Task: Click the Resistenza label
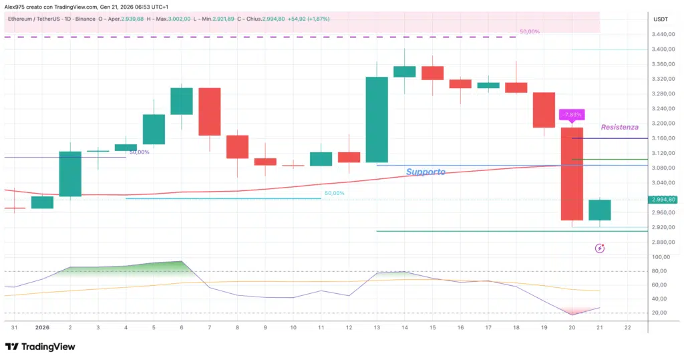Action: (x=619, y=127)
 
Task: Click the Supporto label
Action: (x=425, y=172)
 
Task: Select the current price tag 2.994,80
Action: (x=663, y=199)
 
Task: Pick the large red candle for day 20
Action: (x=572, y=174)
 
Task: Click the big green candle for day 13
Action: (x=377, y=120)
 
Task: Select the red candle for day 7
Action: (x=210, y=112)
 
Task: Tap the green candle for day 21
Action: (x=599, y=210)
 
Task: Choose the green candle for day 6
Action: (x=182, y=102)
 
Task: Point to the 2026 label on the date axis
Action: (x=42, y=327)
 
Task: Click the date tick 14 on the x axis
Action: (x=405, y=327)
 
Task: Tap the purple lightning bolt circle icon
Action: (x=599, y=248)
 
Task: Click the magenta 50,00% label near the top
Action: (x=529, y=31)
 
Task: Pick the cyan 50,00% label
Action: (x=334, y=193)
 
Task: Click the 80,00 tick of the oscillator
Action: (x=661, y=271)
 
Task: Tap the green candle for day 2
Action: (x=70, y=174)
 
